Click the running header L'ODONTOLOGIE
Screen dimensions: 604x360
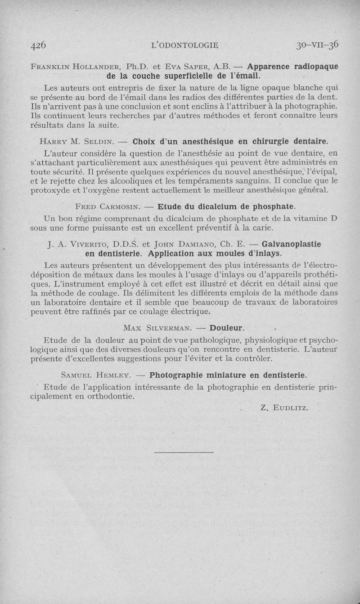185,45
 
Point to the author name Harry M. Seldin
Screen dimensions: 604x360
79,142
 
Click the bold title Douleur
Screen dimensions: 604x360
226,327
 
